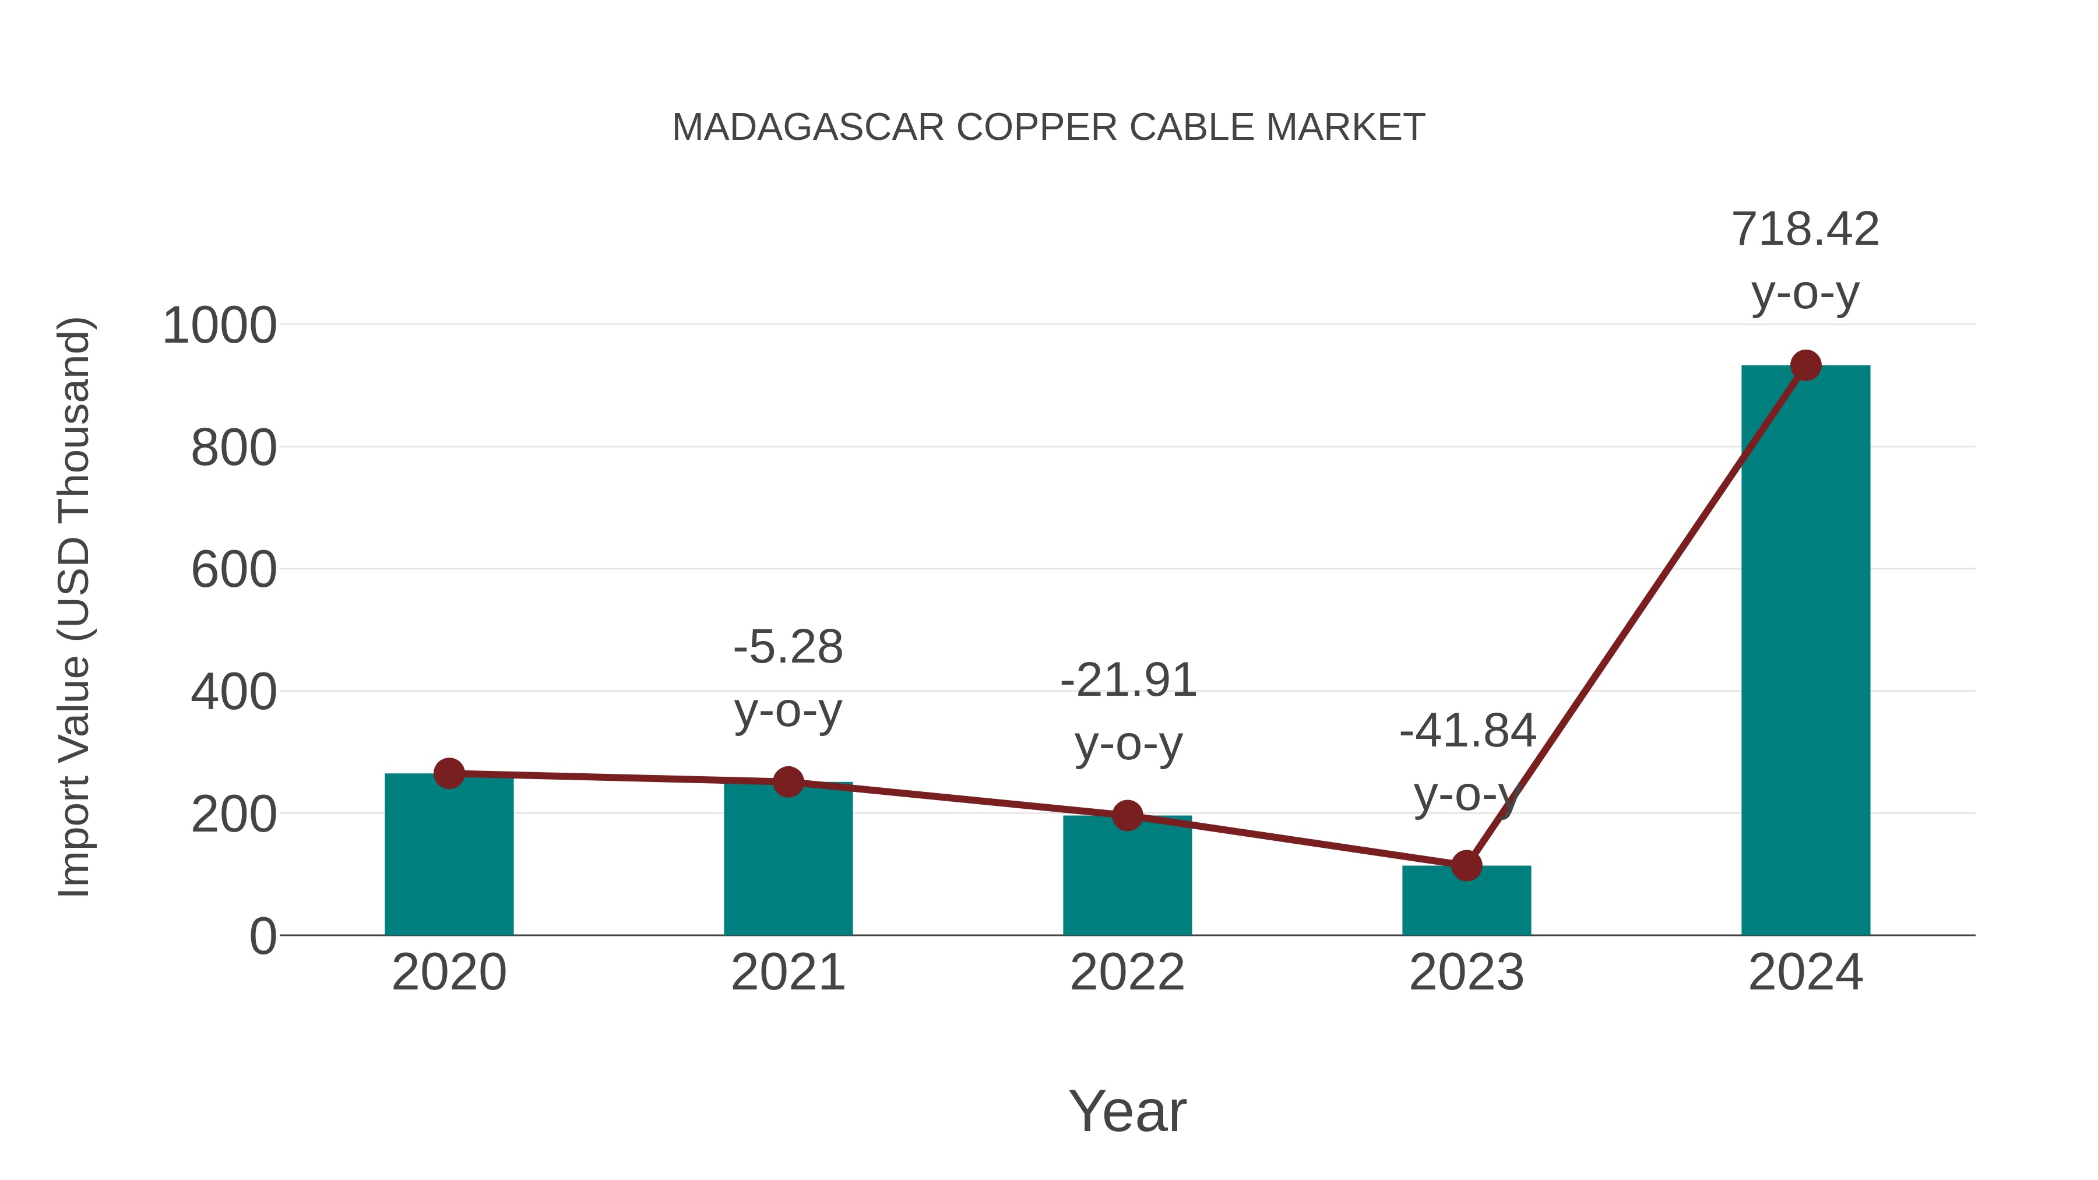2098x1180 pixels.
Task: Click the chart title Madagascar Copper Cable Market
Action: point(1048,127)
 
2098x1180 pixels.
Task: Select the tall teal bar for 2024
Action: point(1805,651)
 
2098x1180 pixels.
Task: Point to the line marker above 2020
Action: point(449,774)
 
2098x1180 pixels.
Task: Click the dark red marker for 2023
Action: point(1466,866)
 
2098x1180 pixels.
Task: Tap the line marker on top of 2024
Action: point(1805,365)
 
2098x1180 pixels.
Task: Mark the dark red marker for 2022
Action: point(1127,815)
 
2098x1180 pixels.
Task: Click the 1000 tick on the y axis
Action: point(219,326)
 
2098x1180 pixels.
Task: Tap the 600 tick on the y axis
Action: point(233,570)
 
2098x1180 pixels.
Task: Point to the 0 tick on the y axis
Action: point(262,936)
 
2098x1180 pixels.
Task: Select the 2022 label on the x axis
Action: point(1127,973)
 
